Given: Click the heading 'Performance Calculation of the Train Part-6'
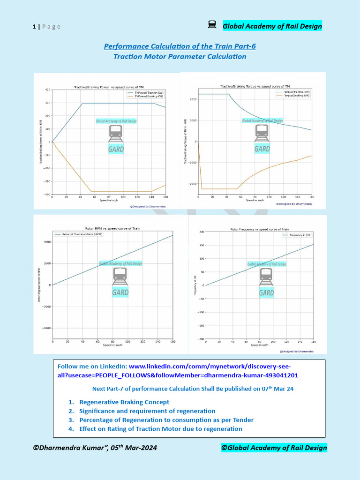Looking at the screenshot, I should click(x=180, y=46).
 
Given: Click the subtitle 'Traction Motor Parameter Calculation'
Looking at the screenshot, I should click(x=180, y=57).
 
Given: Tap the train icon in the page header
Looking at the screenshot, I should click(x=212, y=25).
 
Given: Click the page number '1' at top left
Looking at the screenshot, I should click(x=34, y=27).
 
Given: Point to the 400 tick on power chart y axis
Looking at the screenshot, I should click(x=47, y=90).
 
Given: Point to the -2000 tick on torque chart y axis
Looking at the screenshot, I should click(x=192, y=184).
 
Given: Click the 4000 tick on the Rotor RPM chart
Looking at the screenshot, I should click(x=47, y=242).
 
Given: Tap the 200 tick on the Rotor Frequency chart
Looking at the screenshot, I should click(x=201, y=232).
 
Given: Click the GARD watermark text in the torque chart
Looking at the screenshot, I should click(x=262, y=149).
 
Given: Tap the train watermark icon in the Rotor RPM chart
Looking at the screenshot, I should click(x=120, y=276).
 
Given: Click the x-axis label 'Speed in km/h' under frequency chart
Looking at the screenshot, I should click(x=259, y=345).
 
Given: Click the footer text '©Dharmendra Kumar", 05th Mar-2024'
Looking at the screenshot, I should click(x=95, y=448).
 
